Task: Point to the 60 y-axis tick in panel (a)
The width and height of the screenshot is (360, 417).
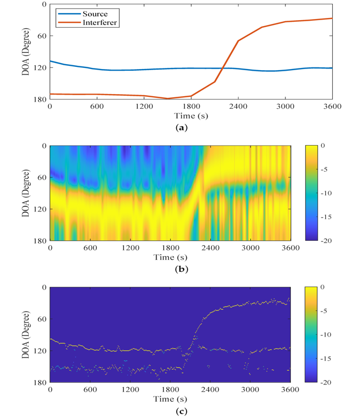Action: (40, 36)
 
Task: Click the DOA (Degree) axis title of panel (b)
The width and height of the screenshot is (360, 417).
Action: (26, 192)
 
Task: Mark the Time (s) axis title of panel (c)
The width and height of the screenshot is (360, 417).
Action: (170, 399)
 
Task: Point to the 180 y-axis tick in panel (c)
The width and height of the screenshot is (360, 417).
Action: (39, 383)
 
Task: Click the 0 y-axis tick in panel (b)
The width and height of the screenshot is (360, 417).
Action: (44, 146)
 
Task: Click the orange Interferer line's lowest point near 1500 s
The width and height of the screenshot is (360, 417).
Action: (167, 98)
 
